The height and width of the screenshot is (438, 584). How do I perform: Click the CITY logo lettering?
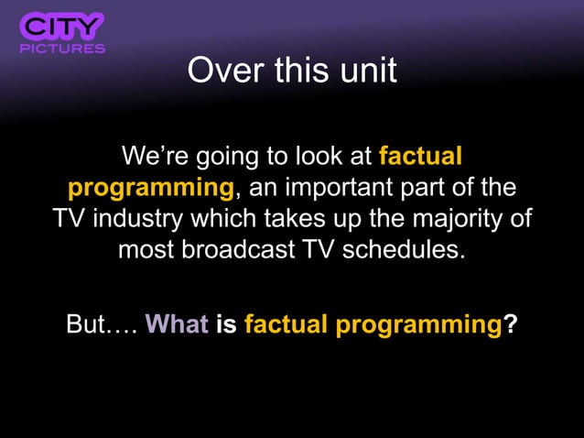[x=62, y=25]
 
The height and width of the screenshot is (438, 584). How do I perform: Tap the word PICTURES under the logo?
[x=62, y=48]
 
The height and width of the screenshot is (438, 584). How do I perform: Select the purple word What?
[x=177, y=324]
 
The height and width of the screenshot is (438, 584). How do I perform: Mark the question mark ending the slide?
[x=509, y=324]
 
